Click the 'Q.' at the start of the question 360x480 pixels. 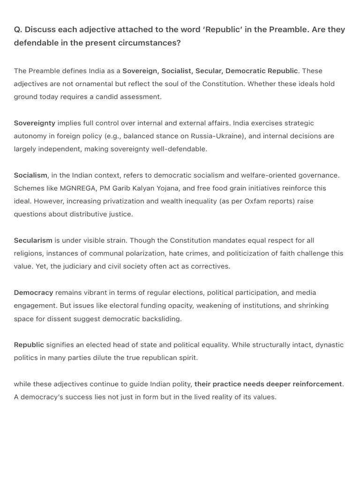click(18, 30)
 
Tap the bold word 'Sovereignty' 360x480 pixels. click(34, 123)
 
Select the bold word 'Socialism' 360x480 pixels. click(30, 175)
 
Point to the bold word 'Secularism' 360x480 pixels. click(33, 240)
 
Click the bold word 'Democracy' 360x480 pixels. click(33, 292)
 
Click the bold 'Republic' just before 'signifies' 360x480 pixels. click(29, 345)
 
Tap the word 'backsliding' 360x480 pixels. click(161, 319)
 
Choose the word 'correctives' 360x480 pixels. click(210, 266)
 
